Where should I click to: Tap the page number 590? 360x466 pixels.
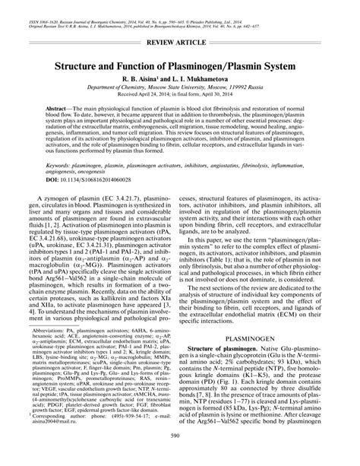pos(180,457)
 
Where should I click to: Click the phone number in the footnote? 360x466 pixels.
pos(122,436)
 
